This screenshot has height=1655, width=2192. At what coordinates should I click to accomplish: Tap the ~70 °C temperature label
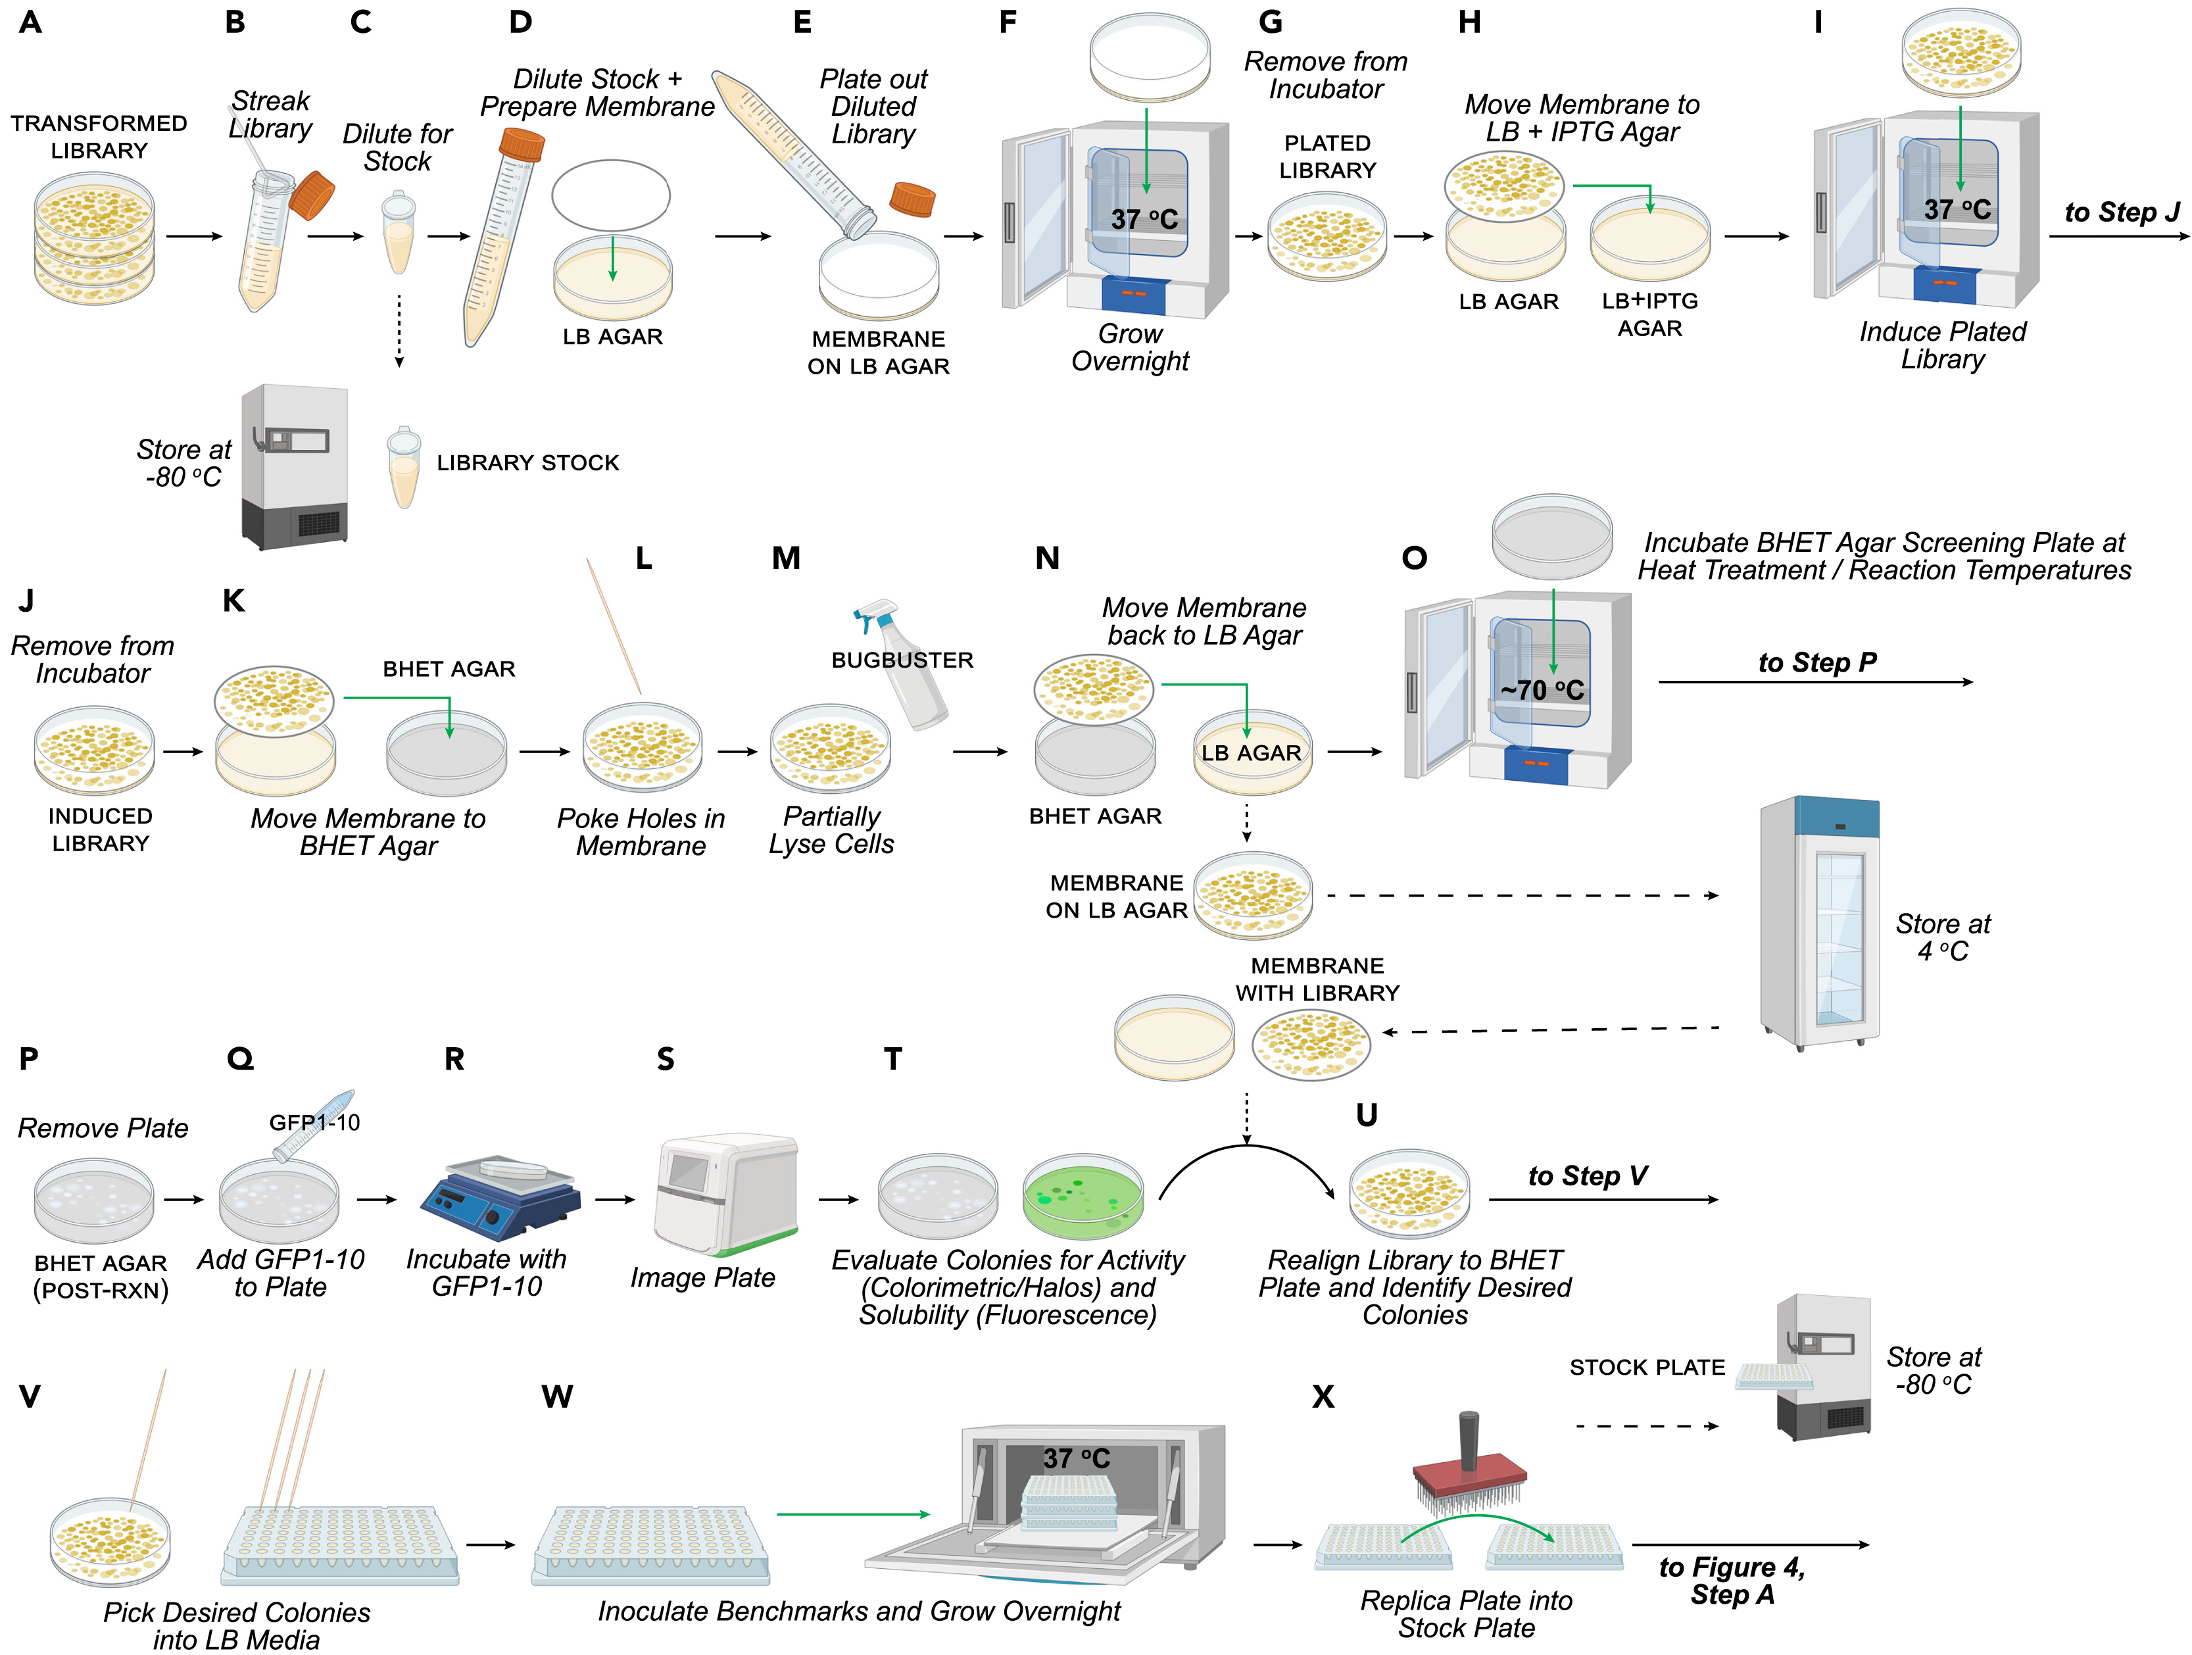point(1542,690)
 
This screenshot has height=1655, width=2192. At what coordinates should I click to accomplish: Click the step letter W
point(557,1396)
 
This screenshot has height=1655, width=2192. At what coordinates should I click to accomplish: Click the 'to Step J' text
point(2122,212)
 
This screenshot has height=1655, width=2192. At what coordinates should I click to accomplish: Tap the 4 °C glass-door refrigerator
point(1819,922)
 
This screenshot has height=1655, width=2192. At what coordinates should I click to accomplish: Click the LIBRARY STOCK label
point(527,463)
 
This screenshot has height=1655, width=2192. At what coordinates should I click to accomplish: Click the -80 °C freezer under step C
point(295,466)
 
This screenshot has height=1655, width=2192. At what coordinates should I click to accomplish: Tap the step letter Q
point(240,1060)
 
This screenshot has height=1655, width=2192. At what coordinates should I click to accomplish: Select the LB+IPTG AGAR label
point(1650,314)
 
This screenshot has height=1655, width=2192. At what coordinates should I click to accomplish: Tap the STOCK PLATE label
point(1647,1368)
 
